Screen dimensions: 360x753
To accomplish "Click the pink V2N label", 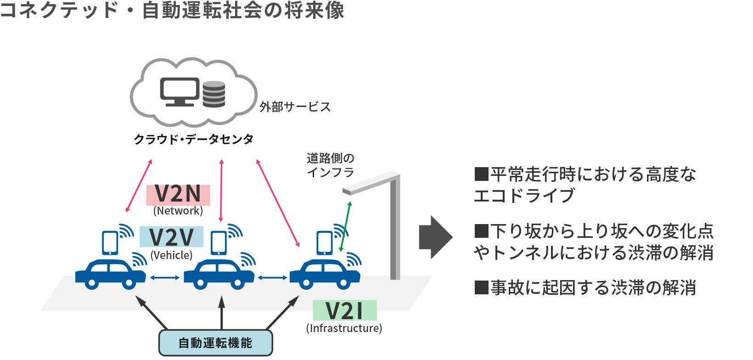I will coord(178,195).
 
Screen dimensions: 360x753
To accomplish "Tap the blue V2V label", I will coord(171,237).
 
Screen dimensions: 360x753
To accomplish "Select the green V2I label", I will coord(344,311).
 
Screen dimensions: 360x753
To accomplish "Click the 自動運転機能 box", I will coord(215,343).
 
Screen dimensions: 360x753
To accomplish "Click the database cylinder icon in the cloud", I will coord(214,94).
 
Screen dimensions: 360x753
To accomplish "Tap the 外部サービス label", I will coord(295,107).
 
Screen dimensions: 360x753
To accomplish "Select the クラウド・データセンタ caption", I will coord(193,139).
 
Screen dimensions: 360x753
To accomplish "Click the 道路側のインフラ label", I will coord(331,165).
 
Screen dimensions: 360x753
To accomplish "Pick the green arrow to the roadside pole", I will coord(345,226).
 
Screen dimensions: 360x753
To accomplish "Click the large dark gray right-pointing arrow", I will coord(435,237).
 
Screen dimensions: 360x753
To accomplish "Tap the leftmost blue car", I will coord(110,274).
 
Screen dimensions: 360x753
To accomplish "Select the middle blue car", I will coord(219,274).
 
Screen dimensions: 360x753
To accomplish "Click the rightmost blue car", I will coord(325,274).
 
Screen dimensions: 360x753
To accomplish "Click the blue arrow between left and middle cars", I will coord(165,277).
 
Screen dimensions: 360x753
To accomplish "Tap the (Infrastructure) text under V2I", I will coord(344,328).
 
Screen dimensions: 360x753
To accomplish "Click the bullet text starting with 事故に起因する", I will coord(585,288).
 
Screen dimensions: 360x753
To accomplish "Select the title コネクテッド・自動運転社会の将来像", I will coord(172,10).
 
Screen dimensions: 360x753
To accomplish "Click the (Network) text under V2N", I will coord(178,211).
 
